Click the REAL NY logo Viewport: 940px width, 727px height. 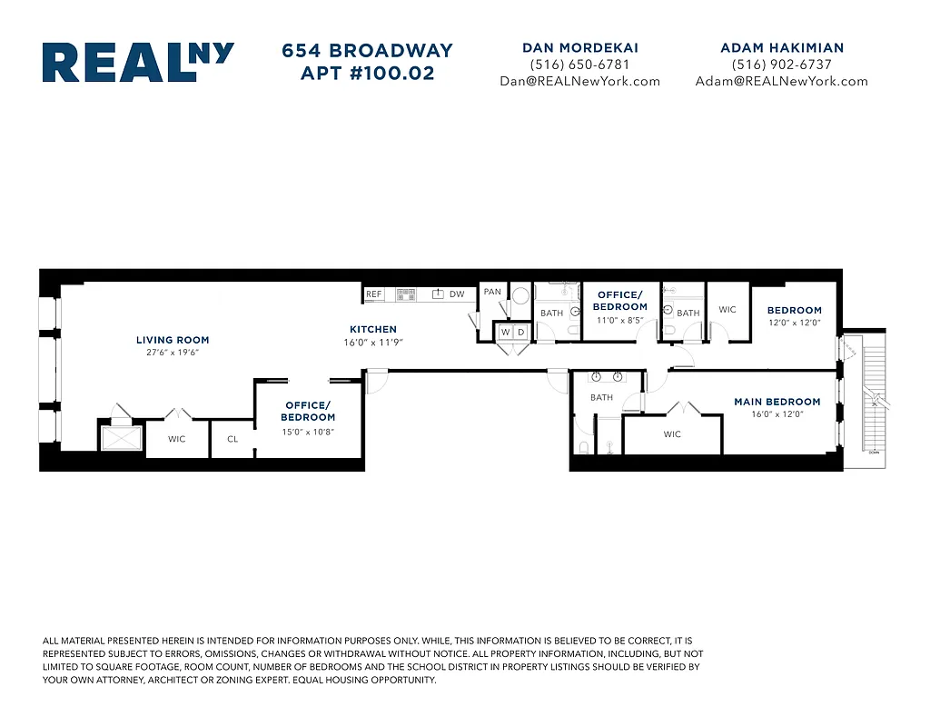tap(138, 63)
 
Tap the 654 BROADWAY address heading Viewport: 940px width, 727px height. tap(367, 51)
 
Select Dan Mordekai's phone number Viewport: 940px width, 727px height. tap(579, 65)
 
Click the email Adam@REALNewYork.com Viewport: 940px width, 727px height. tap(781, 81)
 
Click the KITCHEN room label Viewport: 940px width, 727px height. tap(373, 329)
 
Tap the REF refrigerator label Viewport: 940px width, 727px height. tap(374, 294)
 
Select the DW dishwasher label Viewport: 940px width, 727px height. tap(457, 294)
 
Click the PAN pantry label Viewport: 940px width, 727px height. tap(492, 292)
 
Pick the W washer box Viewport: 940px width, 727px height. tap(505, 333)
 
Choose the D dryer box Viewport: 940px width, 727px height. tap(520, 333)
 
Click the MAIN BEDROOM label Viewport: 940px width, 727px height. tap(777, 402)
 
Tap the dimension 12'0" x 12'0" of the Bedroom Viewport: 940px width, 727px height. tap(794, 323)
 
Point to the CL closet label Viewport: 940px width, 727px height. tap(233, 439)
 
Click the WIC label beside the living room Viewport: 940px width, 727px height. tap(176, 439)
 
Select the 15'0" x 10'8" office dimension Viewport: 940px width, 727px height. tap(309, 432)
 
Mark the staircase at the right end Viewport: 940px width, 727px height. tap(871, 400)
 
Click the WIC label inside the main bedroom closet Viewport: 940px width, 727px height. tap(672, 434)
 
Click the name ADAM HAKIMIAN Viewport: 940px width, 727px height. tap(781, 47)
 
